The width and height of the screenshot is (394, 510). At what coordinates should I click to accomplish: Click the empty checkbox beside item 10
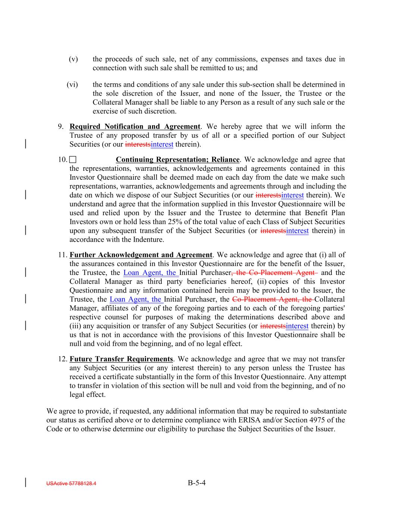(72, 160)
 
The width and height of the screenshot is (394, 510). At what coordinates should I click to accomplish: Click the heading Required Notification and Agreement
(135, 127)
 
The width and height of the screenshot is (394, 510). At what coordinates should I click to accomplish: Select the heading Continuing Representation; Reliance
(177, 160)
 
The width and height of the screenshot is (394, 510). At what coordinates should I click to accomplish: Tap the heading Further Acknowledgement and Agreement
(141, 255)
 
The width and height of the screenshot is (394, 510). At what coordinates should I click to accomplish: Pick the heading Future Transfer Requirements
(121, 359)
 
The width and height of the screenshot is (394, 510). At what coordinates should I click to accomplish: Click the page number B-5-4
(197, 483)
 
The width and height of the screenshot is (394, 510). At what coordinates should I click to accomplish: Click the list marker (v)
(73, 59)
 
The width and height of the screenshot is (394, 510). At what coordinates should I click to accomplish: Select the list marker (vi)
(72, 84)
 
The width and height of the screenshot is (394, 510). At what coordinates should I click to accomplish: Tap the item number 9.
(61, 127)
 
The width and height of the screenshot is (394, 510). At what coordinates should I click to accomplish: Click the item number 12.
(62, 359)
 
